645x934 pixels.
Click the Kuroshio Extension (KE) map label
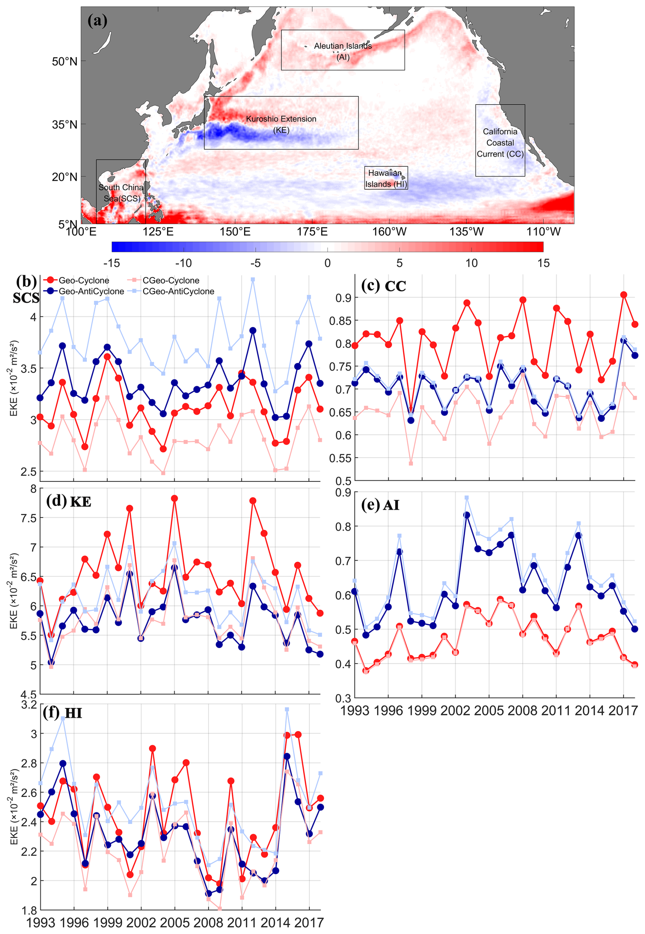[281, 124]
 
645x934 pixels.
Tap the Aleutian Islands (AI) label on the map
[343, 51]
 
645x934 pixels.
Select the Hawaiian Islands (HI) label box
[386, 179]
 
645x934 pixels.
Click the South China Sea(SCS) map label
[121, 193]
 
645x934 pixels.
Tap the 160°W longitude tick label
[389, 232]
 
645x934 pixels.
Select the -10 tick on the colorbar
[183, 263]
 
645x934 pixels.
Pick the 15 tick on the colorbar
[543, 263]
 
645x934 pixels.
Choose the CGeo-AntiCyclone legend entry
[178, 291]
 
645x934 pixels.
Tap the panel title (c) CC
[383, 286]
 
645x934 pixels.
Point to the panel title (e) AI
[380, 505]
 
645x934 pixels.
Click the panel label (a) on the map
[97, 20]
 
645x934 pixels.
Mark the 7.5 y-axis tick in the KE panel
[28, 518]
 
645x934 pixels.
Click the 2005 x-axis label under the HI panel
[175, 923]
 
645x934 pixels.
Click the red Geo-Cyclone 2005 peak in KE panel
[175, 499]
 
